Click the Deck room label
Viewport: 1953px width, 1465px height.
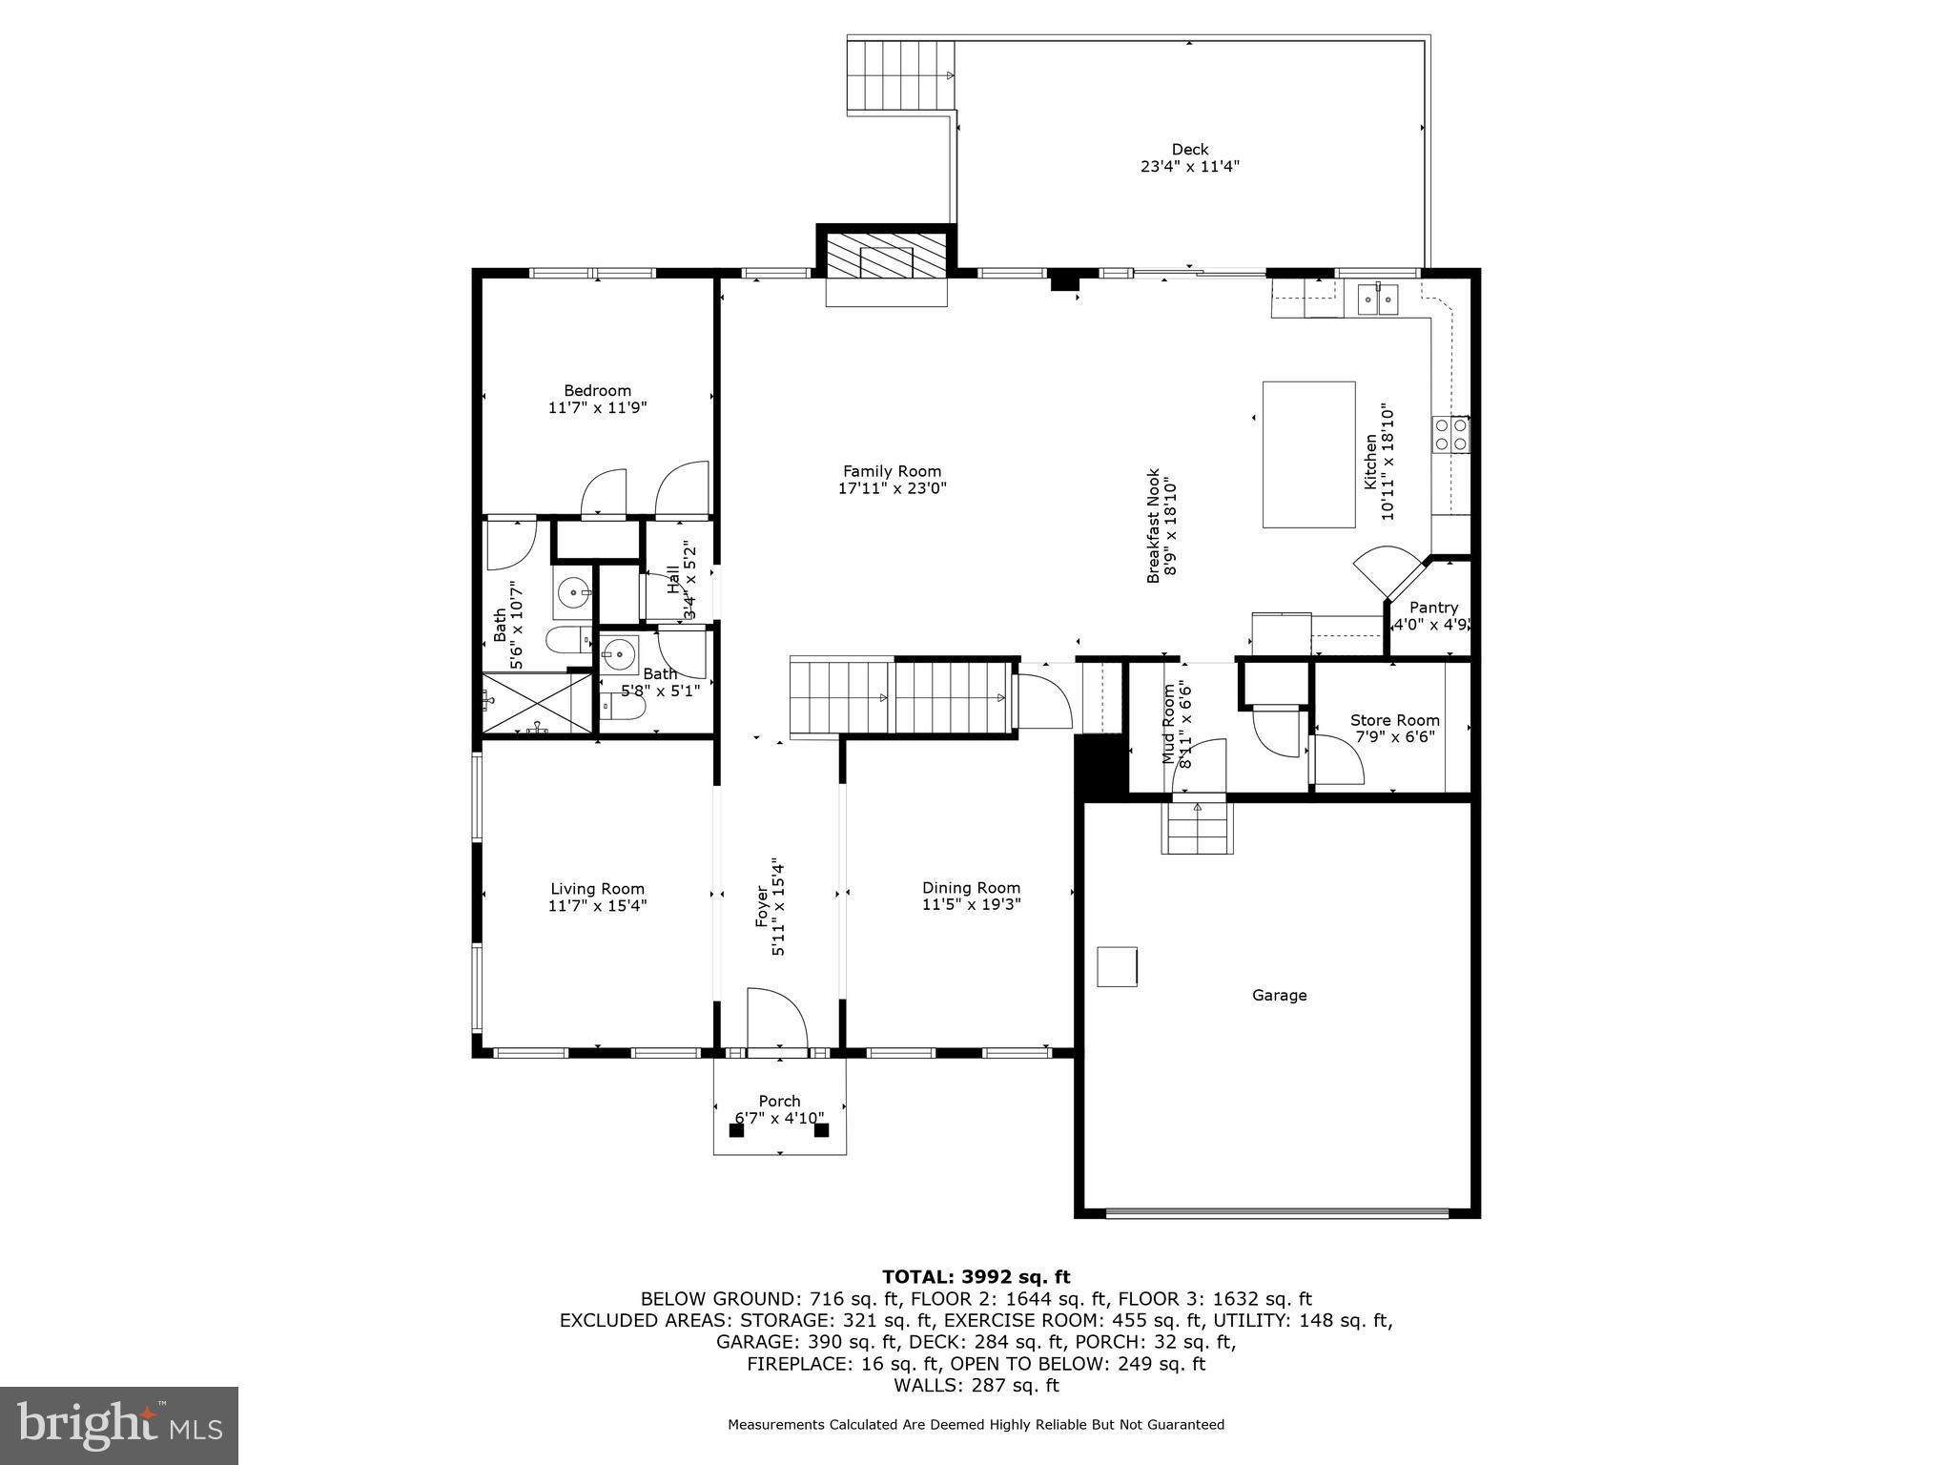[x=1189, y=149]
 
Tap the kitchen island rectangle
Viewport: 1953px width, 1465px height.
[x=1308, y=454]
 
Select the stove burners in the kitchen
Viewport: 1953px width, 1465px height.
[x=1450, y=435]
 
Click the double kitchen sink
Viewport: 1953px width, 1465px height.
[x=1377, y=299]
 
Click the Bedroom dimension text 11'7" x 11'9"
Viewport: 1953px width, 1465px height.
[x=597, y=407]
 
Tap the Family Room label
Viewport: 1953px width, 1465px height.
[x=892, y=471]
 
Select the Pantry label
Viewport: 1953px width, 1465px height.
[x=1433, y=608]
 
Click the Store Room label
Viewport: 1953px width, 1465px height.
[x=1394, y=720]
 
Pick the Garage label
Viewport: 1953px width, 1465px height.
[x=1279, y=995]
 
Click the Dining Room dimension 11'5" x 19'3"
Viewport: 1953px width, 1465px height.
[x=971, y=904]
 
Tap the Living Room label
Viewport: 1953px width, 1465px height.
[x=597, y=889]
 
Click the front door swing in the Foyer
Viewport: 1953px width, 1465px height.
[x=776, y=1019]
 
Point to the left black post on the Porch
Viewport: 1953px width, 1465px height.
[x=736, y=1130]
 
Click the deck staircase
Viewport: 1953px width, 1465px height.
[x=901, y=75]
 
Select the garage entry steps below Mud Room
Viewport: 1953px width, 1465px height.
[x=1197, y=827]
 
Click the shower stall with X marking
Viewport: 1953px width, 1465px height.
[x=538, y=703]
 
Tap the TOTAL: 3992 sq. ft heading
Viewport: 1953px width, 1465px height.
[x=976, y=1277]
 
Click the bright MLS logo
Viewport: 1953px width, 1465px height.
[x=119, y=1425]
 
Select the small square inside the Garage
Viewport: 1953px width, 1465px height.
[x=1117, y=966]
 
